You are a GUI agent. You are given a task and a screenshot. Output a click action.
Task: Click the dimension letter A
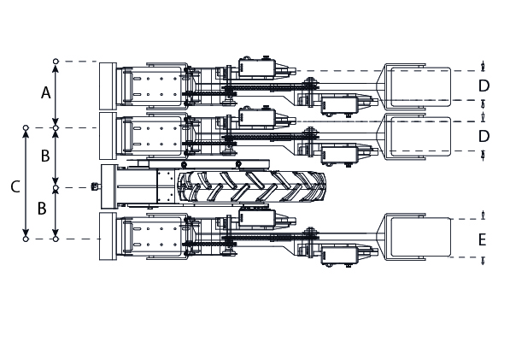click(x=46, y=92)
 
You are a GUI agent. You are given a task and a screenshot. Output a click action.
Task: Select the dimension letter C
click(x=15, y=186)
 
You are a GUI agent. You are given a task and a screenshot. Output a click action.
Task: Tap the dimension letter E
click(x=483, y=240)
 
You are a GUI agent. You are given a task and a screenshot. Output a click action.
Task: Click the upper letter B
click(x=45, y=156)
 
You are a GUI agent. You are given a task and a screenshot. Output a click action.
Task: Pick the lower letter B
click(x=42, y=209)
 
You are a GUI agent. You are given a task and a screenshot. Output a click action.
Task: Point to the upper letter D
click(x=484, y=86)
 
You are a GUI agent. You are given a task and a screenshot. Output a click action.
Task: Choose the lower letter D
click(x=484, y=136)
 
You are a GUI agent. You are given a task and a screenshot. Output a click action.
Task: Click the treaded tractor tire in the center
click(x=251, y=186)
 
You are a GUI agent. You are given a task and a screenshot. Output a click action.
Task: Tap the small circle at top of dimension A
click(x=56, y=62)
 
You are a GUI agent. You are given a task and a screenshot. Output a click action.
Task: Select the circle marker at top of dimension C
click(x=26, y=128)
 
